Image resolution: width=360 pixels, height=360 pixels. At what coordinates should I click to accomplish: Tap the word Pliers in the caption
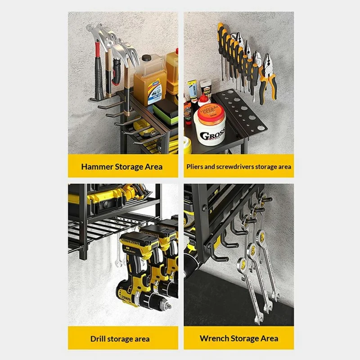click(196, 166)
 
